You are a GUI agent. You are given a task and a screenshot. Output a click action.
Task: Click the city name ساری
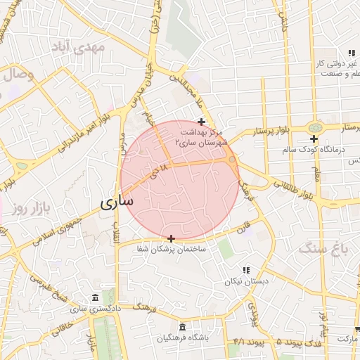115,202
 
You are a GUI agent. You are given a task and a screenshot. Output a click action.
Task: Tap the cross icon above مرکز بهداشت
201,122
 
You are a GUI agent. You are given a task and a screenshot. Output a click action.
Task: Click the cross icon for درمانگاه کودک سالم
314,139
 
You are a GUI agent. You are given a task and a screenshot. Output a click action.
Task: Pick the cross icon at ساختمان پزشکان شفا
171,239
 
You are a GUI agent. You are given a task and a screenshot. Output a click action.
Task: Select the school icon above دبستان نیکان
245,270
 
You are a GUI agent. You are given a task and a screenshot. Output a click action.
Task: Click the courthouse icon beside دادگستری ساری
96,297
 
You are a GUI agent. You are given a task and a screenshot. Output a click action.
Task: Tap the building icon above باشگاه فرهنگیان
183,327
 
